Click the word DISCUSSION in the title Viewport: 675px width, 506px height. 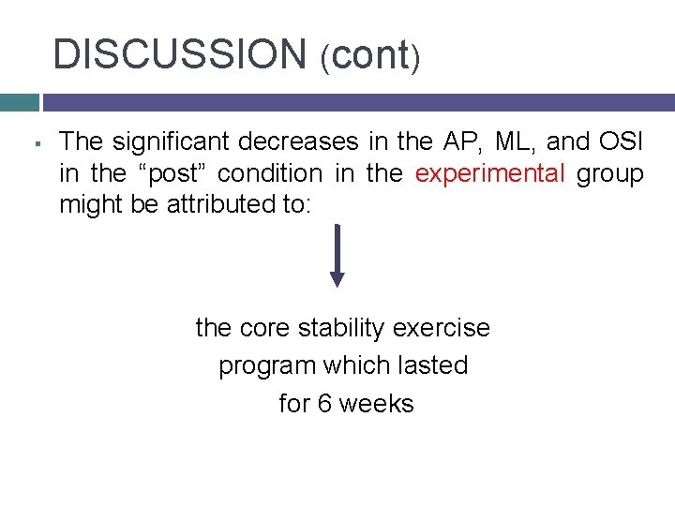click(179, 54)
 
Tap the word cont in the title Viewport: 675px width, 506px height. click(369, 55)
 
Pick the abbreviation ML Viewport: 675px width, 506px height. click(512, 141)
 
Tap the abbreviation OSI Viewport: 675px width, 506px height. click(620, 141)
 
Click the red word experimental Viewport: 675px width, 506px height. click(489, 173)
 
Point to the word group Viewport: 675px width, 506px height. click(610, 173)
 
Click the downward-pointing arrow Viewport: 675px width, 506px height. click(337, 255)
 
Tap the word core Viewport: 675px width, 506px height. click(265, 328)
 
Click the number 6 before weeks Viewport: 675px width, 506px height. click(324, 403)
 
